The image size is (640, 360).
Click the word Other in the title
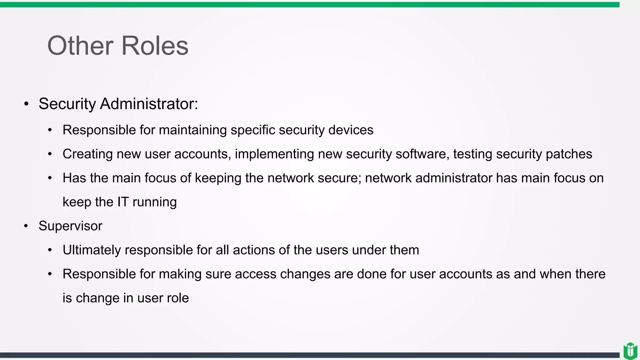click(80, 46)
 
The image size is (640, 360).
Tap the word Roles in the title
click(155, 46)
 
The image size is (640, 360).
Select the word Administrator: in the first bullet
click(149, 104)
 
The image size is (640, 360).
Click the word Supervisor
click(70, 226)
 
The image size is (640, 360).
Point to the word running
click(154, 202)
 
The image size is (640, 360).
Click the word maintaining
click(193, 130)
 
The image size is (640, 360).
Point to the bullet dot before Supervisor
click(26, 226)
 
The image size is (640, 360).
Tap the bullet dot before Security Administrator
click(26, 104)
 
